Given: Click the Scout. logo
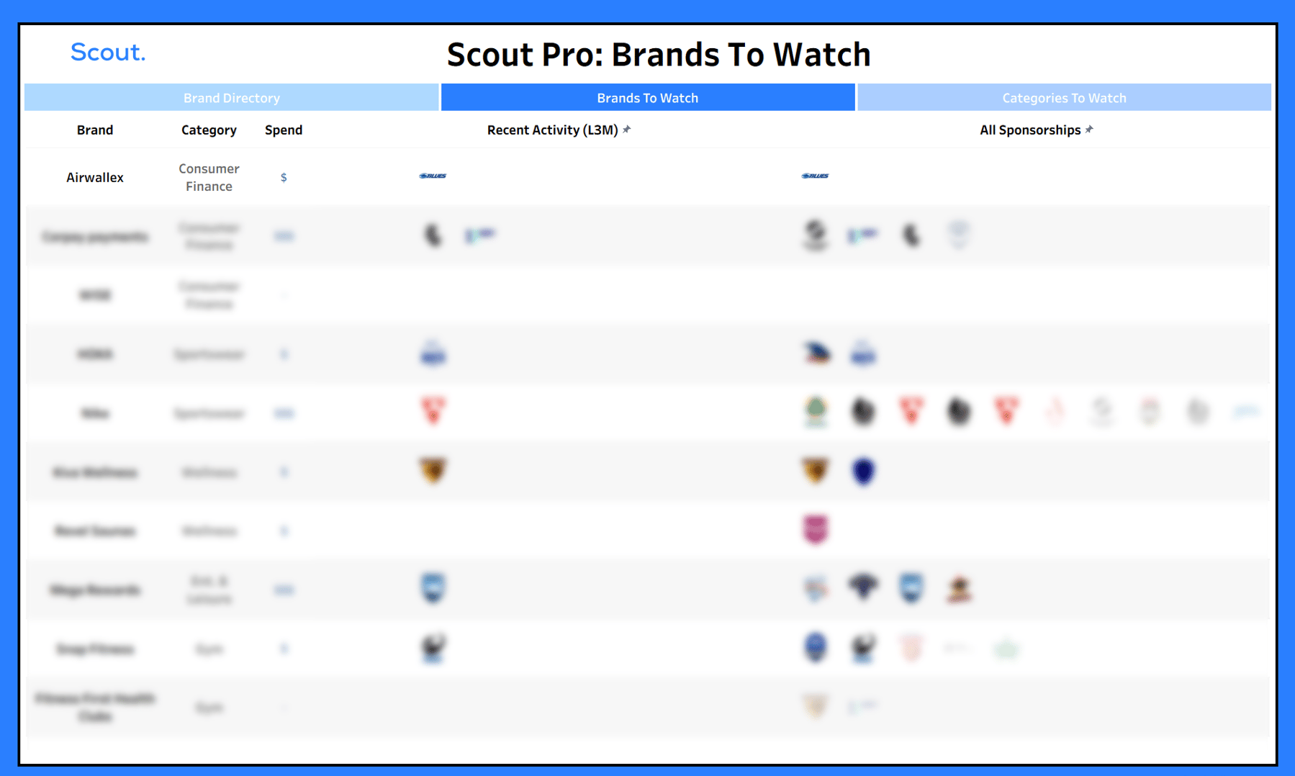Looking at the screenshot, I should pos(107,53).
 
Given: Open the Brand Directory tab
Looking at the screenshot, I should pos(231,98).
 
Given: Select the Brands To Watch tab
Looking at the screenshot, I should pos(647,98).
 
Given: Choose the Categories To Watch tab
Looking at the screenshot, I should pos(1063,98).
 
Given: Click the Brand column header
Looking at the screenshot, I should pos(95,130).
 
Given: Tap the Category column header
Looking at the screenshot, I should pos(209,130).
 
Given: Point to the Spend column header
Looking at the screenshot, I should pos(284,130).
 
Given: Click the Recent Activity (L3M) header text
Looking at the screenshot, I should pos(552,130).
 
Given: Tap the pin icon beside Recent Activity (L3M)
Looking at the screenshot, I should pos(627,130).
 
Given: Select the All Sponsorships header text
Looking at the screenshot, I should pos(1029,130).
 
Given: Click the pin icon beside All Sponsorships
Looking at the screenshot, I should pos(1089,130).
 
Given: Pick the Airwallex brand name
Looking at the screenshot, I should pos(95,178).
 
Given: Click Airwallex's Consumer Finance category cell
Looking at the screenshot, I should pos(209,178).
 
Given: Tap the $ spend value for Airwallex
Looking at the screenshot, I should pos(284,178).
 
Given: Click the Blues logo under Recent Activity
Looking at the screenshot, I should pos(433,176).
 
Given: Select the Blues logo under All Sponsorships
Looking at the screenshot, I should pos(815,176).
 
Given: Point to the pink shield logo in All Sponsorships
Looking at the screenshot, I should pos(816,530).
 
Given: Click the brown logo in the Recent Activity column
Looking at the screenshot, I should pos(433,471).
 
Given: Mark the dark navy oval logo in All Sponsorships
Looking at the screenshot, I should pos(863,472).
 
